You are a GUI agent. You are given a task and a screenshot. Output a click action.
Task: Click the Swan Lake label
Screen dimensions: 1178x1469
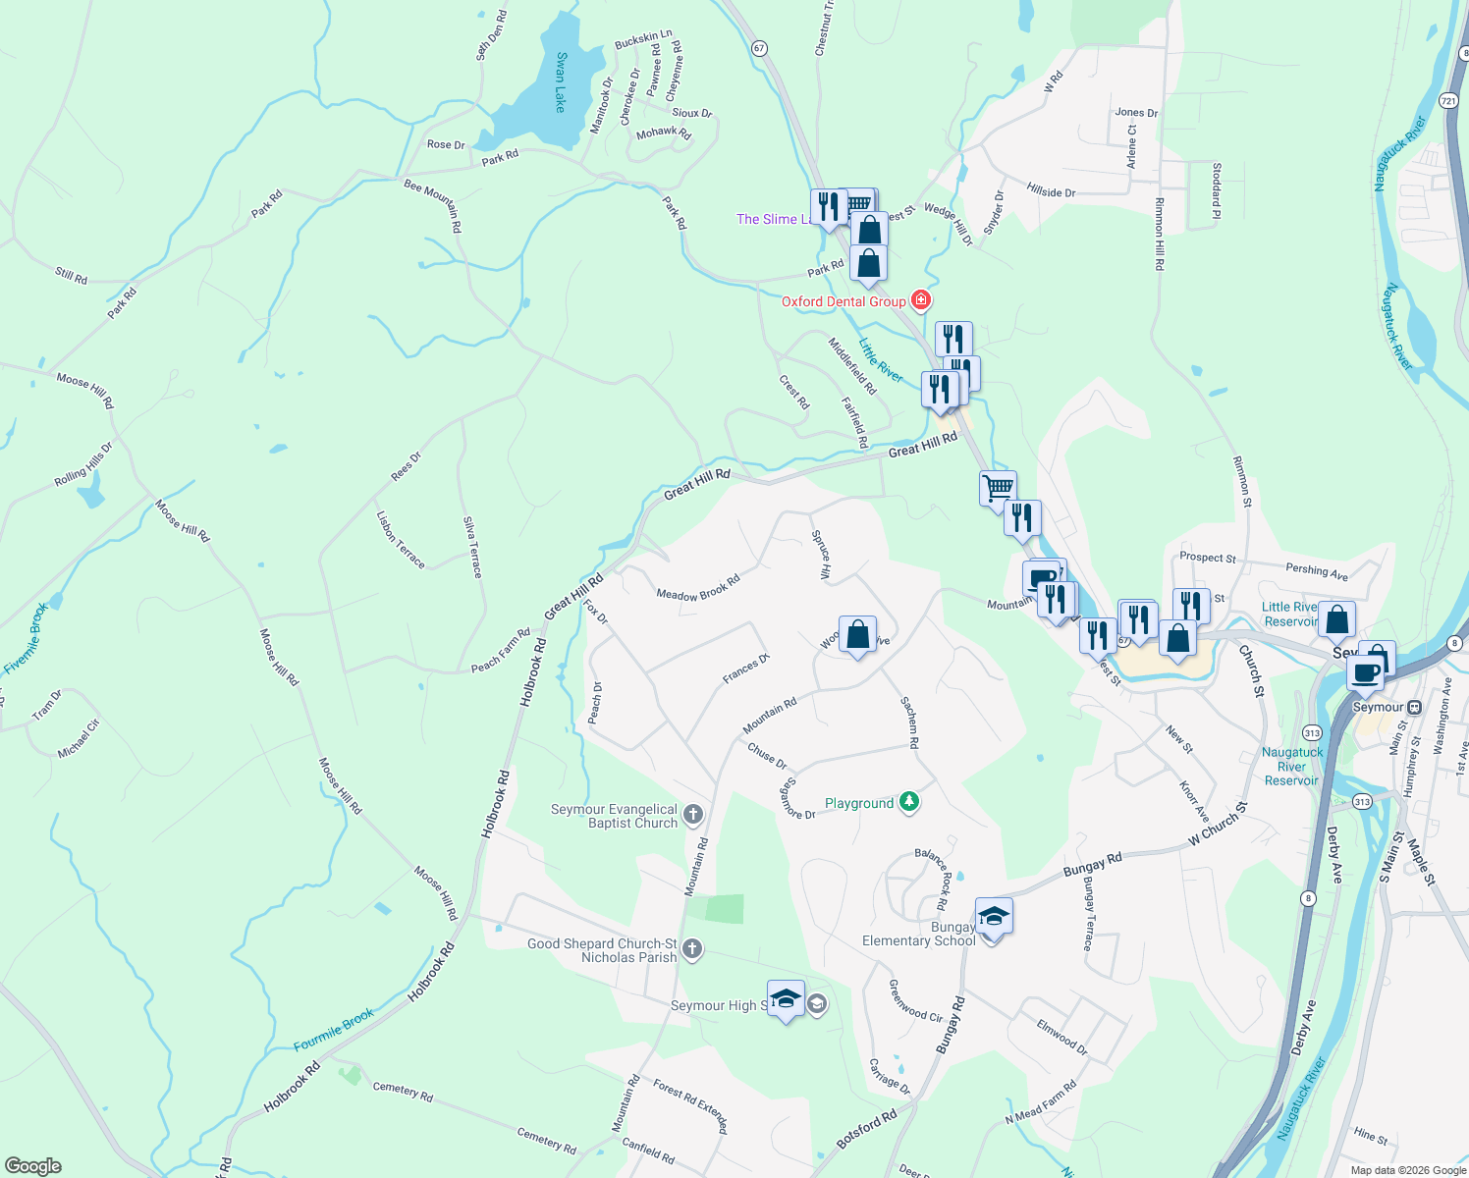point(561,81)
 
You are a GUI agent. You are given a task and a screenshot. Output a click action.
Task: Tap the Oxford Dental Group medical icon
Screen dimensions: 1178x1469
point(921,299)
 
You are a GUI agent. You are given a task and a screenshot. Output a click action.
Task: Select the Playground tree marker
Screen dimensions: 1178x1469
point(909,802)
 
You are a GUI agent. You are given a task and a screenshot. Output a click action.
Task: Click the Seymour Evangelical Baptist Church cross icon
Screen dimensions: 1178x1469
point(692,814)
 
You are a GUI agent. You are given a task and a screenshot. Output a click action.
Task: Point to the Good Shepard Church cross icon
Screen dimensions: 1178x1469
point(692,948)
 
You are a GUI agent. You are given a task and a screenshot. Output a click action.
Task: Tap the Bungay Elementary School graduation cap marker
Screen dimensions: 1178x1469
point(993,916)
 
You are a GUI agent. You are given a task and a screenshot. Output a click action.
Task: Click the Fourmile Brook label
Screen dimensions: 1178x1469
point(334,1030)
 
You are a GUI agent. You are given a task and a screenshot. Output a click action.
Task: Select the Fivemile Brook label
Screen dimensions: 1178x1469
point(27,639)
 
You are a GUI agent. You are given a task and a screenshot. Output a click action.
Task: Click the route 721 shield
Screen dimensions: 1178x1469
point(1448,101)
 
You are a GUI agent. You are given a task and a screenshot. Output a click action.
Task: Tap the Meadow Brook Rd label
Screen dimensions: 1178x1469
point(698,589)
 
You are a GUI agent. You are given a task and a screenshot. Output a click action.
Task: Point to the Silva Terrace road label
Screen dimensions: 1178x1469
point(473,547)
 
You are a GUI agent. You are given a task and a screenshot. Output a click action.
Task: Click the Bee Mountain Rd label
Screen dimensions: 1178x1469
point(433,204)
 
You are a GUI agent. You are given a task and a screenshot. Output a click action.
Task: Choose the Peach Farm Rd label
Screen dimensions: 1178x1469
point(501,650)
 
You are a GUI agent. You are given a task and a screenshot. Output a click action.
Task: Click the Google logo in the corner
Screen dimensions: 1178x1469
point(33,1165)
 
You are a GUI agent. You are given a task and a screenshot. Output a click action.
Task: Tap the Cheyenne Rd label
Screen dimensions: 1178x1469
point(674,71)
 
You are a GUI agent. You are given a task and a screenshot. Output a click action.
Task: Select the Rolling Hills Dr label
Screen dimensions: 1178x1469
point(83,464)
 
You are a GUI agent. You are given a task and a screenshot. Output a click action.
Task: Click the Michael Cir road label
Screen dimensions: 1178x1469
point(79,738)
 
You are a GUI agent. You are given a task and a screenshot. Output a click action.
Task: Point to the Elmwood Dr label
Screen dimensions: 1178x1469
point(1062,1037)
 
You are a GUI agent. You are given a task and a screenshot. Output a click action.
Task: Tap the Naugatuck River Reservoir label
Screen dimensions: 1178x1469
point(1292,767)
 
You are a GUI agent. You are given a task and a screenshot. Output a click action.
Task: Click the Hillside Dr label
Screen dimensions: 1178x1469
point(1051,190)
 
